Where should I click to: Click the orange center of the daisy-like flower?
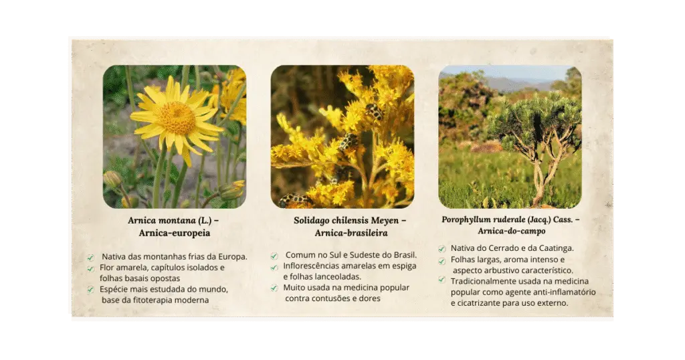click(177, 118)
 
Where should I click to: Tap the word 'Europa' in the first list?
click(232, 256)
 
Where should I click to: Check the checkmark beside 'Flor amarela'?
click(90, 268)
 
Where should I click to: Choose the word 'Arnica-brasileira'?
click(351, 233)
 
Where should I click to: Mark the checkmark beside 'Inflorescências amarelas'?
click(274, 266)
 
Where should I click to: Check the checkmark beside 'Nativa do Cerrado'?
click(442, 248)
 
